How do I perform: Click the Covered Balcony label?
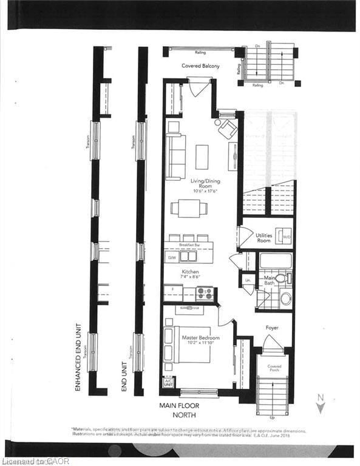tap(200, 66)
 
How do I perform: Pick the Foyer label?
tap(271, 328)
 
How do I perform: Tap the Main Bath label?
tap(270, 281)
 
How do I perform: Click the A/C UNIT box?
tap(168, 383)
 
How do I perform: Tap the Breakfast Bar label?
tap(189, 245)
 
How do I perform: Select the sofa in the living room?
tap(175, 157)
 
